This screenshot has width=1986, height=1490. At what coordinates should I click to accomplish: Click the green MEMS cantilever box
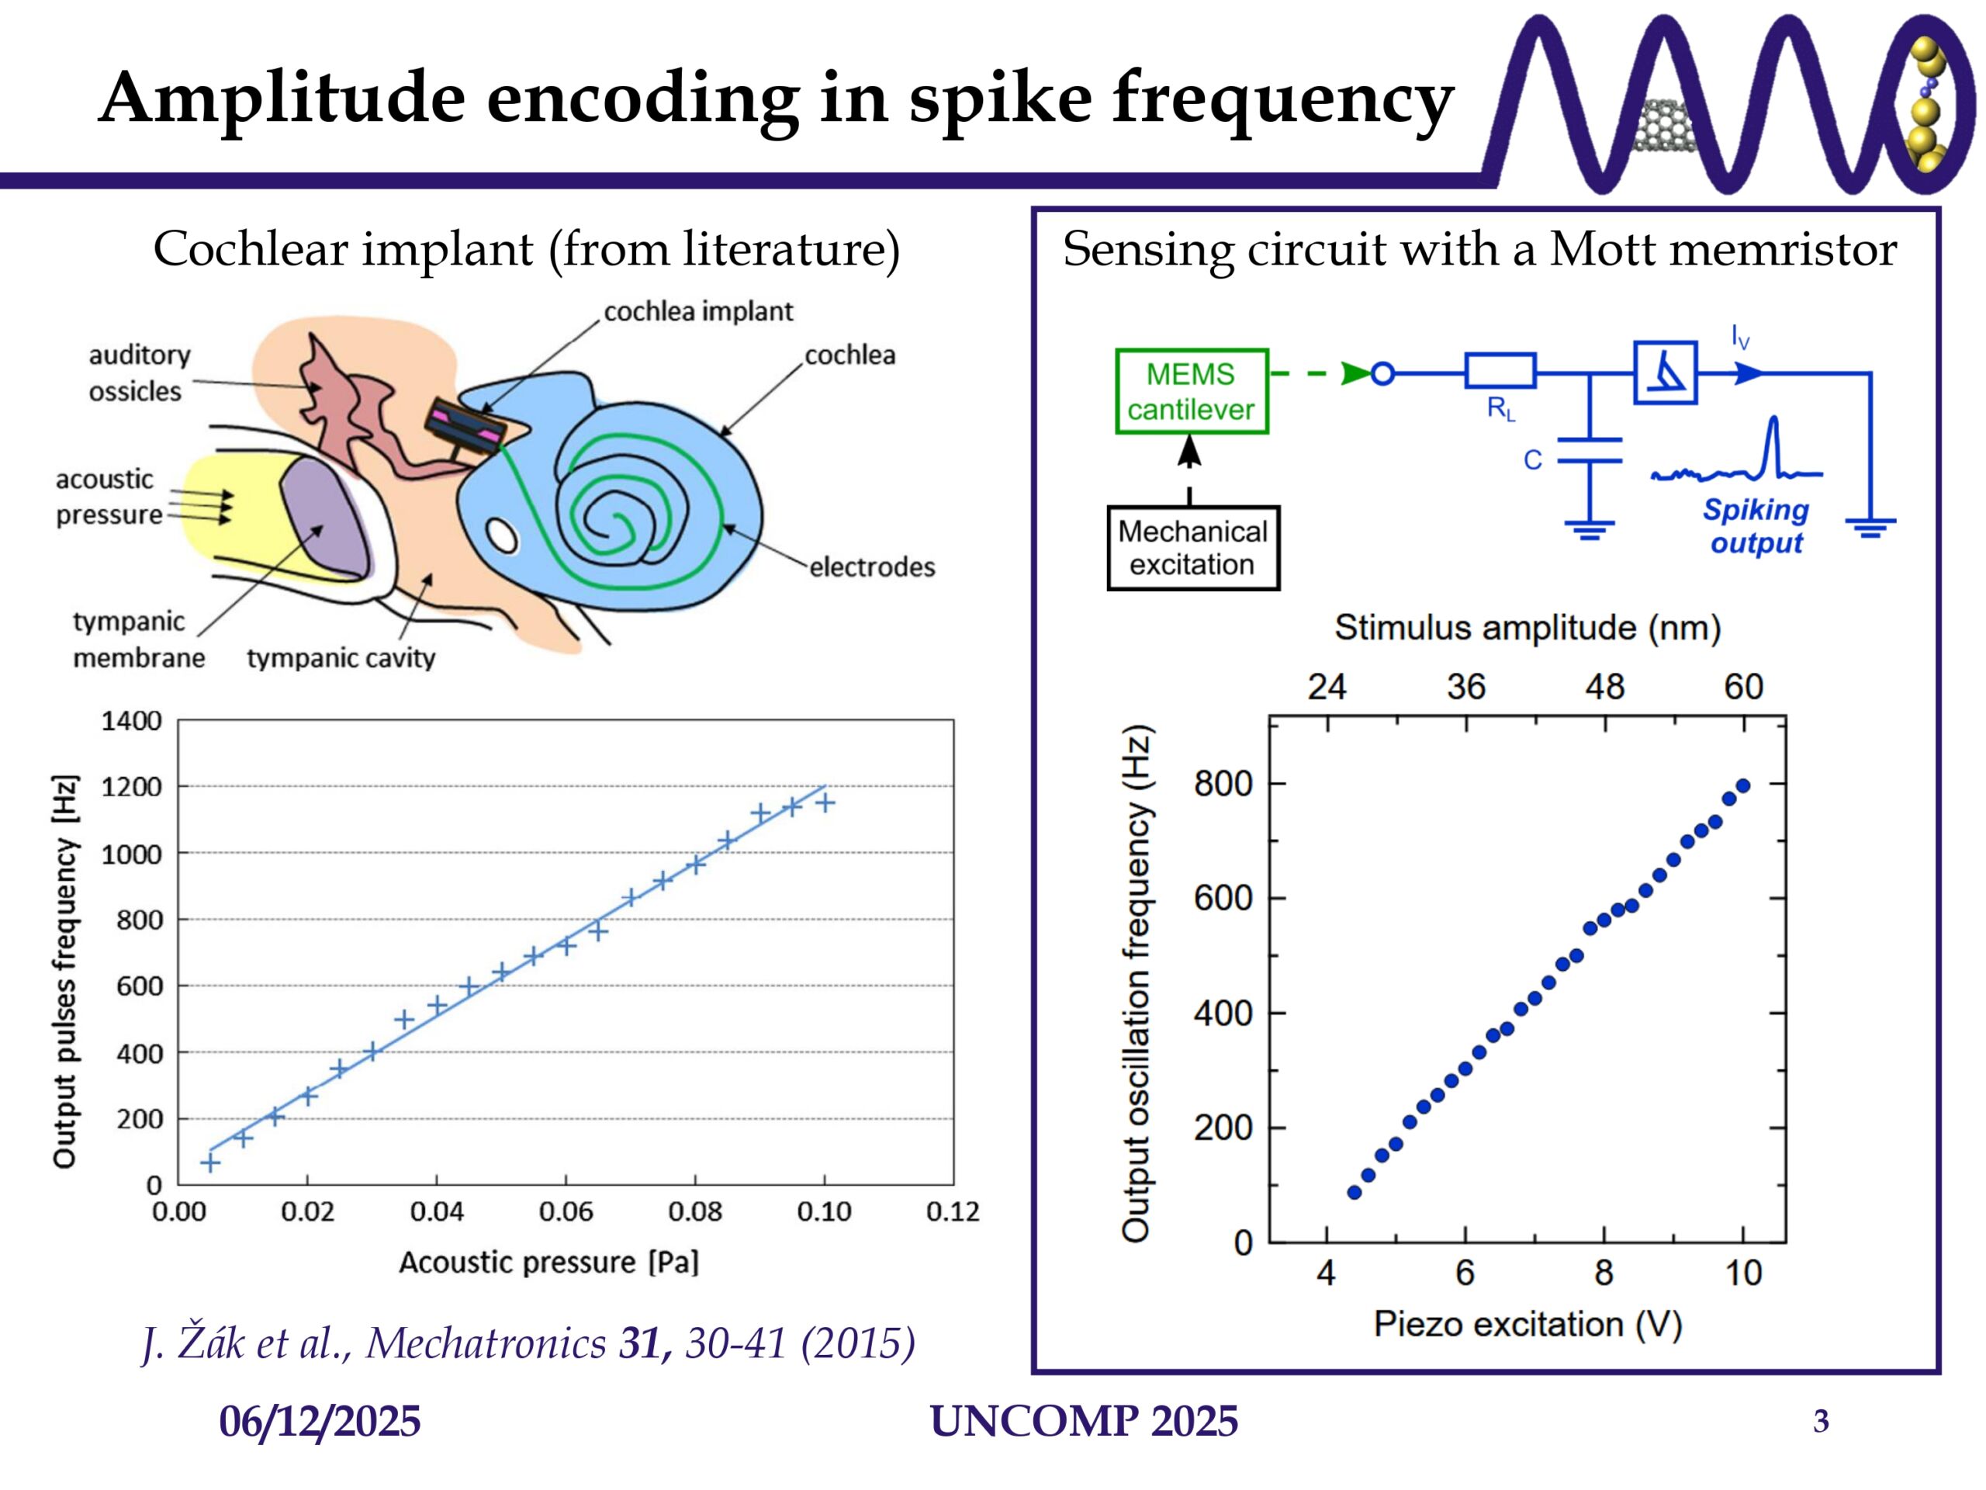(1191, 392)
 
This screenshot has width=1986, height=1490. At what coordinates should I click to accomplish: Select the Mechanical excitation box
(1192, 548)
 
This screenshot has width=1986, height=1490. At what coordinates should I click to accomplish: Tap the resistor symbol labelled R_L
(1500, 370)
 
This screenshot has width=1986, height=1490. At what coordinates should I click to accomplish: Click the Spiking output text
(1756, 526)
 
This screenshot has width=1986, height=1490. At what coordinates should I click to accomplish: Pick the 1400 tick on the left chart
(131, 721)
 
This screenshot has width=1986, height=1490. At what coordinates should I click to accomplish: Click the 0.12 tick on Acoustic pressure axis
(952, 1211)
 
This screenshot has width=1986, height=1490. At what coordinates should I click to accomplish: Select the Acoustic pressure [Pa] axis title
(548, 1262)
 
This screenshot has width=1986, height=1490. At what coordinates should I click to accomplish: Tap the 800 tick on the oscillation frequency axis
(1222, 784)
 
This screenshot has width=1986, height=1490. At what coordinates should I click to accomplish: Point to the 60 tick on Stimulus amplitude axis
(1742, 687)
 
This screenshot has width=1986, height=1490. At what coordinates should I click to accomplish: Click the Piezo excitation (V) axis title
(1528, 1324)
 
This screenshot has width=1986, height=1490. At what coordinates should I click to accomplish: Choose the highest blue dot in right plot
(1742, 786)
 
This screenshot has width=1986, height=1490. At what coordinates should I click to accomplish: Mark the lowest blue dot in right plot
(1354, 1193)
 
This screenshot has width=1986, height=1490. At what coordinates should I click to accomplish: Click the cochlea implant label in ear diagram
(697, 312)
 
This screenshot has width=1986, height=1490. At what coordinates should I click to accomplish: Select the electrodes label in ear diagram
(872, 567)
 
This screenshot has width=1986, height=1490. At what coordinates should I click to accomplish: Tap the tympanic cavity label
(341, 658)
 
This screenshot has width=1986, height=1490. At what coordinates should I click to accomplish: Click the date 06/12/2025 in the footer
(320, 1422)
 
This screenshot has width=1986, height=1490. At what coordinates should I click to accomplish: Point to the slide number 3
(1821, 1422)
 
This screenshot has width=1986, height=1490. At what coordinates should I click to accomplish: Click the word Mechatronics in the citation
(486, 1343)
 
